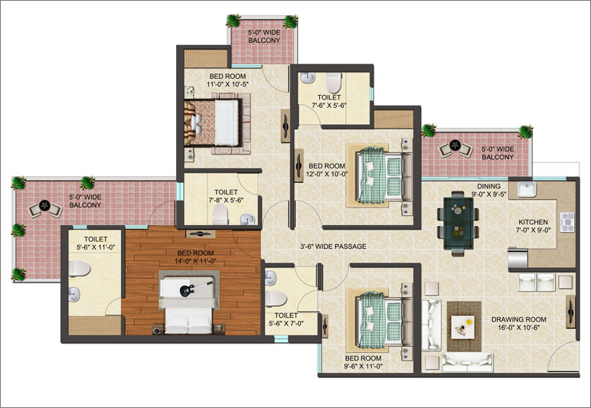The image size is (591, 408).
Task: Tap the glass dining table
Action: pos(459,223)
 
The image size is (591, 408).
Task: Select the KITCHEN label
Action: pos(533,222)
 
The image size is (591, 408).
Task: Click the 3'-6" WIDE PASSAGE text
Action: pos(333,246)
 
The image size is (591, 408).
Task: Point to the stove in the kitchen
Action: pos(567,222)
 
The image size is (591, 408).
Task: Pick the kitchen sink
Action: pos(526,189)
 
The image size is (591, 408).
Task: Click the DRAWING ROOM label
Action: pos(518,319)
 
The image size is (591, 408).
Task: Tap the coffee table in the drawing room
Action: pos(463,327)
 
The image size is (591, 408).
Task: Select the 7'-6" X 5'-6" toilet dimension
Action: pos(329,105)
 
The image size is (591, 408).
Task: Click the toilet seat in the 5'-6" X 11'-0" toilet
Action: pos(79,269)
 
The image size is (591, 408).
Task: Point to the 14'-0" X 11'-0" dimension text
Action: pos(195,261)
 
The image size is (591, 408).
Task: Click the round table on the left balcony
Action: pos(45,205)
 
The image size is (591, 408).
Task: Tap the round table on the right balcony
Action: pos(455,145)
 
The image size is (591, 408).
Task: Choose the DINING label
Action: pos(488,186)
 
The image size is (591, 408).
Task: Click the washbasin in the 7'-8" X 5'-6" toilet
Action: pos(247,218)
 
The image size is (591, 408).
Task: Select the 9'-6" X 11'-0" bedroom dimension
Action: pos(364,365)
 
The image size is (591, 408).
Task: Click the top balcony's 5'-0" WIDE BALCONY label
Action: pos(264,37)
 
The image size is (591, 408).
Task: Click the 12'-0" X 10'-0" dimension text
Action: pos(327,174)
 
